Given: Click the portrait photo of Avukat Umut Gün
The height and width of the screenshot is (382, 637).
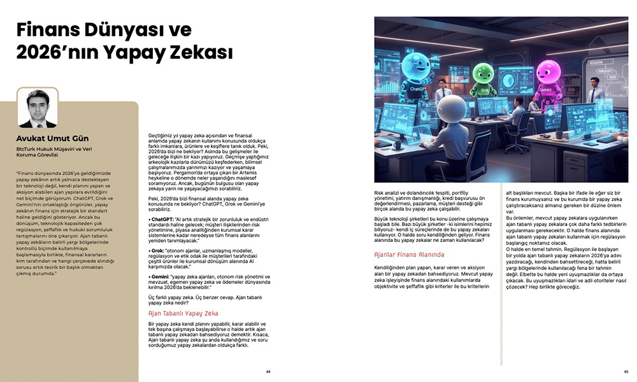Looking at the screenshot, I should click(x=37, y=108).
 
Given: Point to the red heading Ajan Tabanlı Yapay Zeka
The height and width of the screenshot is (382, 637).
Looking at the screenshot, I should click(x=183, y=313).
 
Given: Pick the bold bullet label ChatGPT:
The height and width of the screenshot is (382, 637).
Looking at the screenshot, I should click(x=162, y=218).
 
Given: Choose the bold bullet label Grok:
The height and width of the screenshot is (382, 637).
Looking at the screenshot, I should click(x=157, y=251).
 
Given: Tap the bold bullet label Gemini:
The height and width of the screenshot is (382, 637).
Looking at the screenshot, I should click(x=160, y=277).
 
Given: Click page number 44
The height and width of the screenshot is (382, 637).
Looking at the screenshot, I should click(x=268, y=371).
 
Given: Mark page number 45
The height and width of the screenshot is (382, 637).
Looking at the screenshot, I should click(x=626, y=371).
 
